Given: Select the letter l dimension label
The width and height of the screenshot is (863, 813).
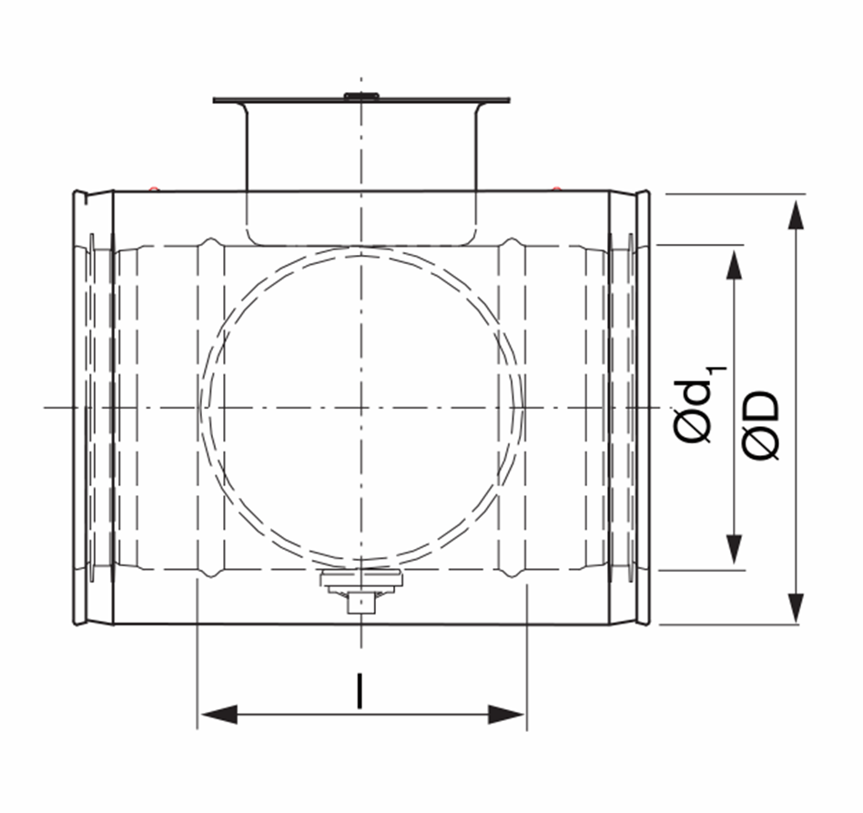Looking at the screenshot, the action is tap(360, 690).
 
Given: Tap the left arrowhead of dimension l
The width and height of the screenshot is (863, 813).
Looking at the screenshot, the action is tap(219, 715).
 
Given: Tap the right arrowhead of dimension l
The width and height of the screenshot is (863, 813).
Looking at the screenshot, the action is tap(506, 715).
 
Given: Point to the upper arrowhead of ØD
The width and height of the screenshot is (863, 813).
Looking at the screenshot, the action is tap(796, 215).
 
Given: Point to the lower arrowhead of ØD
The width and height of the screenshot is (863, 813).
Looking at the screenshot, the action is tap(796, 607).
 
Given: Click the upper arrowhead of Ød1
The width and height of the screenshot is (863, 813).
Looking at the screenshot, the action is tap(734, 265).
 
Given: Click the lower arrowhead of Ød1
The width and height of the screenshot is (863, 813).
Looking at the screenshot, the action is tap(734, 549).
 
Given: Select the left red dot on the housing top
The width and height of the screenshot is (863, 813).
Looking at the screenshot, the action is tap(154, 189).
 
